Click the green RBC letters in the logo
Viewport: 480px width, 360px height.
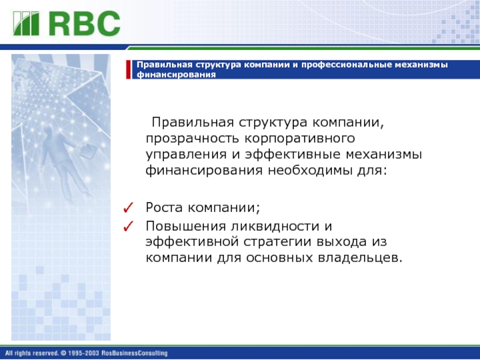[85, 23]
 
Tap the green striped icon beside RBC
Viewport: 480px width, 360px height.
[26, 23]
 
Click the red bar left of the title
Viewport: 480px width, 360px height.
[128, 70]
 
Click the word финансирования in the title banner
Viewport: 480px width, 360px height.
[176, 74]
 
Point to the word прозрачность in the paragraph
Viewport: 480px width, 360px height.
[192, 139]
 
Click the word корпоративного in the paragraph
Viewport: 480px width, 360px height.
[299, 139]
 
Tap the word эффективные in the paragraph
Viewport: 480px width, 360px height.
[293, 154]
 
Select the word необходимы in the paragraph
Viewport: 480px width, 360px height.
[310, 170]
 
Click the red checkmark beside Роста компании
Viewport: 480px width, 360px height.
[128, 208]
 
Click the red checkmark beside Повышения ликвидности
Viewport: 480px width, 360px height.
[128, 226]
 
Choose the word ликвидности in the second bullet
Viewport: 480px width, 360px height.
[271, 227]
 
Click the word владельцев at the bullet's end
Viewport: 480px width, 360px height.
[359, 258]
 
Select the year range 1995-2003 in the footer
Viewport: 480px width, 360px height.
[83, 353]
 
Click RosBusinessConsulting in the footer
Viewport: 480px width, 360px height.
[134, 353]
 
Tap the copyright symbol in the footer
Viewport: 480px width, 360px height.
[64, 353]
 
